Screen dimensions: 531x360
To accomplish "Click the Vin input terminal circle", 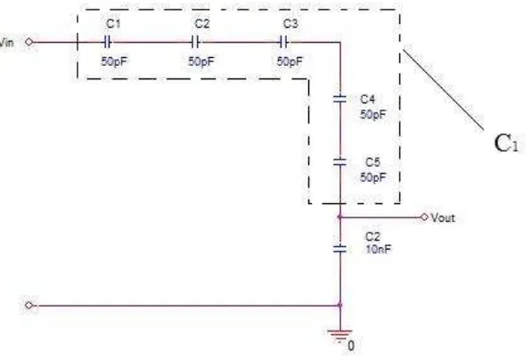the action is [x=29, y=42].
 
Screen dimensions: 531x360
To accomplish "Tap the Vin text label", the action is [x=7, y=43].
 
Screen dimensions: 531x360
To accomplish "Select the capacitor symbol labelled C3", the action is [x=284, y=43].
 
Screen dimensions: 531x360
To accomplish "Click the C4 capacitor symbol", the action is [x=340, y=99].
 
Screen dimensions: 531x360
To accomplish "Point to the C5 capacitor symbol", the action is [x=340, y=162].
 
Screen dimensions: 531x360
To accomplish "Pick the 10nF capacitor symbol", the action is [x=340, y=249].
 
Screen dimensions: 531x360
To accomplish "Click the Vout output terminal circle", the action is [x=424, y=217].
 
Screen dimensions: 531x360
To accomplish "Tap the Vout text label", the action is [x=443, y=217].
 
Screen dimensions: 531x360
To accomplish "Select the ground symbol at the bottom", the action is [x=339, y=335].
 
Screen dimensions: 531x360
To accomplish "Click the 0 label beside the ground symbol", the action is [x=351, y=346].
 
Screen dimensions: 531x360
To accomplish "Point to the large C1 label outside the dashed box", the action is [x=507, y=143].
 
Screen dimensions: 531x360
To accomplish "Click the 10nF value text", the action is [x=378, y=250].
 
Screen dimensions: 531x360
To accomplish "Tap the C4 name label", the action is [x=368, y=99].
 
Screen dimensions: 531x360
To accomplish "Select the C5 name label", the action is [x=372, y=162].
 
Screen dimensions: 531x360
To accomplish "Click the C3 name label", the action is [x=290, y=24].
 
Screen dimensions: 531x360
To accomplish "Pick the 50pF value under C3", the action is [x=290, y=61].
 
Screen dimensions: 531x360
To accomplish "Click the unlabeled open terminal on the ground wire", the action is [x=29, y=306].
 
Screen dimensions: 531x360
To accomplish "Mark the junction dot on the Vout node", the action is [x=340, y=217].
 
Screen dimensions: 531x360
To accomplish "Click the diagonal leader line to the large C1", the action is [x=444, y=90].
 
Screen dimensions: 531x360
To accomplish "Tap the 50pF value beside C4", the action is [x=372, y=114].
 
